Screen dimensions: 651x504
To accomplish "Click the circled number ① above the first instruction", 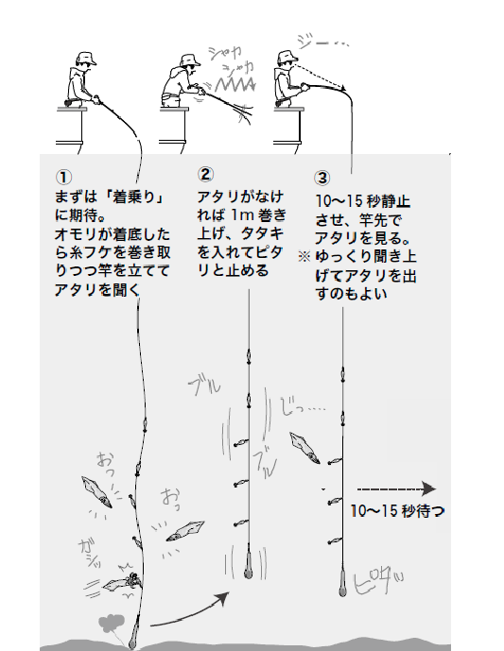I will pyautogui.click(x=61, y=177).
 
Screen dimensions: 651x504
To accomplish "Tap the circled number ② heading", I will pyautogui.click(x=205, y=175).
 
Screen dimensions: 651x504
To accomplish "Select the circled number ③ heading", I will pyautogui.click(x=322, y=177).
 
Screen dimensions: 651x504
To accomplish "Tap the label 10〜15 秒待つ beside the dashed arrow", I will pyautogui.click(x=396, y=510).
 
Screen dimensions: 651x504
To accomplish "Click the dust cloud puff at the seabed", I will pyautogui.click(x=113, y=624).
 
